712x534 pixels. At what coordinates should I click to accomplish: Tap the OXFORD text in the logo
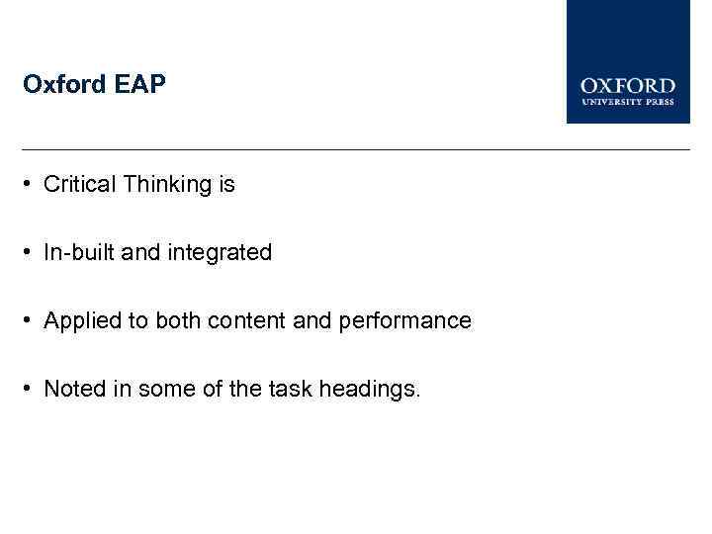[628, 87]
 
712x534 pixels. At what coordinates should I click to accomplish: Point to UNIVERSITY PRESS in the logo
[628, 102]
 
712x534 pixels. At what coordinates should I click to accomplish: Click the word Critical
[81, 185]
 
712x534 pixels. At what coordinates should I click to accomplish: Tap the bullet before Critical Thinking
[32, 185]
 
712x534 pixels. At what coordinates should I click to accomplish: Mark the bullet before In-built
[32, 253]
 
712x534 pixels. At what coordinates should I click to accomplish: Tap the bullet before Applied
[32, 321]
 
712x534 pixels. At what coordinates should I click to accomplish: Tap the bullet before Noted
[32, 390]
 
